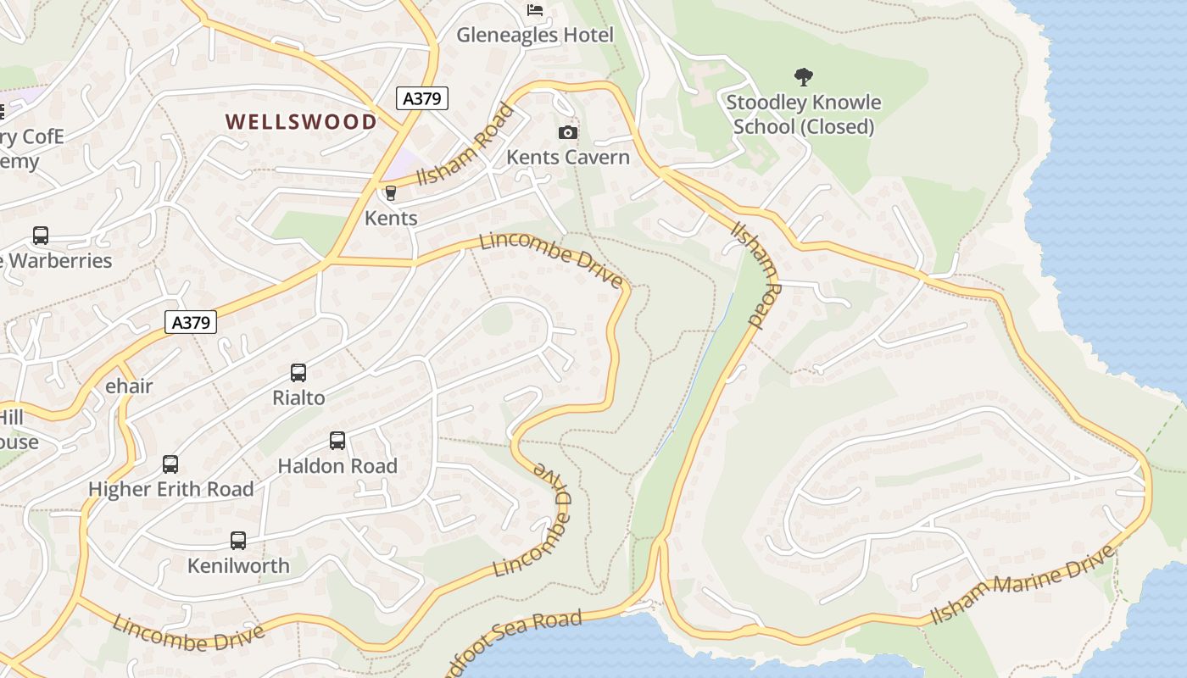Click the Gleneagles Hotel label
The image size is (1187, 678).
(534, 35)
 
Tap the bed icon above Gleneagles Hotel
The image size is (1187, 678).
(535, 10)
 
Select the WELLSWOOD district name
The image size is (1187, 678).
(301, 121)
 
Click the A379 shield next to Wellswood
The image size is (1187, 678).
(421, 98)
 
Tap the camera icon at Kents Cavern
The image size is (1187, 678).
(568, 132)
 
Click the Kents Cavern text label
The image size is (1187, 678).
(568, 157)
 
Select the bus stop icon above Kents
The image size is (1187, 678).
(390, 193)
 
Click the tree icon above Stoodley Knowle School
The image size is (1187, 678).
(803, 77)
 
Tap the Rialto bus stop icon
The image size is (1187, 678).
(298, 372)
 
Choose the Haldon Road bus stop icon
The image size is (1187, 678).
(337, 441)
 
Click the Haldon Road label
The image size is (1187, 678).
(337, 465)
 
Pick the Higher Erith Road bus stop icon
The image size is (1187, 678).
(170, 464)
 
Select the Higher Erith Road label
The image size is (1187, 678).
(170, 489)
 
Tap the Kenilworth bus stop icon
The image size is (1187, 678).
(238, 541)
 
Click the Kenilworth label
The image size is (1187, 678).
(238, 565)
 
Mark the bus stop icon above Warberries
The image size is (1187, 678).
(40, 236)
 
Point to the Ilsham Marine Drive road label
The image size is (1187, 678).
(1022, 586)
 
